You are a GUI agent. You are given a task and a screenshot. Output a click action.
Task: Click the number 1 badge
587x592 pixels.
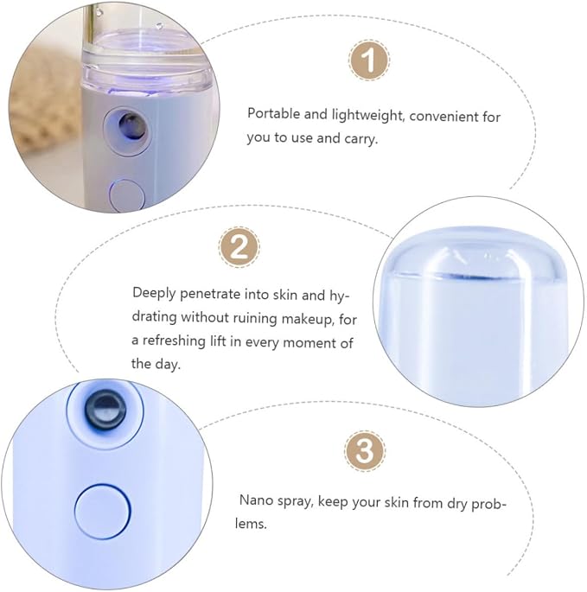click(x=368, y=60)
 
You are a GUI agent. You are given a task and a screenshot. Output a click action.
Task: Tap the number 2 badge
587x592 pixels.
click(x=239, y=247)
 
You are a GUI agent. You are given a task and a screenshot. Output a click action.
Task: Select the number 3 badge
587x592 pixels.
click(x=365, y=450)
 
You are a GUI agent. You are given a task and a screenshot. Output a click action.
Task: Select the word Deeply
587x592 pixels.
click(x=154, y=294)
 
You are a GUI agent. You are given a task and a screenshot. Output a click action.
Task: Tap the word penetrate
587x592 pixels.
click(x=210, y=295)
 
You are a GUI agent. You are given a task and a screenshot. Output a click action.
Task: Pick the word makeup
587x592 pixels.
click(x=308, y=320)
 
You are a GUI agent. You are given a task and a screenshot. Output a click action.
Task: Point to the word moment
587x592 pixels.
click(x=309, y=343)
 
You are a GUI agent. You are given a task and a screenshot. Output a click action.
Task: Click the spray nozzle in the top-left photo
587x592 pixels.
click(x=131, y=125)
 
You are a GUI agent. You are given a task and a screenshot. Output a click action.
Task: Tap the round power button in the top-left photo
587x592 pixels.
click(x=127, y=195)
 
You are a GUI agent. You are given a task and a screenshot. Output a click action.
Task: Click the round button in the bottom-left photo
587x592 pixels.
click(x=102, y=512)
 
